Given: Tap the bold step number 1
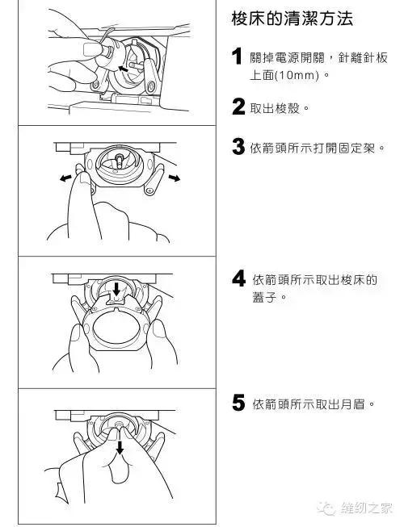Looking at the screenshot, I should (238, 57).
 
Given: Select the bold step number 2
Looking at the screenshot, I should (238, 107).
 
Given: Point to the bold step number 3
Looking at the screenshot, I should (238, 147).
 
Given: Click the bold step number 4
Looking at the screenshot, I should (238, 279).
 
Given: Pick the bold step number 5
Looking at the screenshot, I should (238, 403).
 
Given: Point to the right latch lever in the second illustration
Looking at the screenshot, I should (154, 179).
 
